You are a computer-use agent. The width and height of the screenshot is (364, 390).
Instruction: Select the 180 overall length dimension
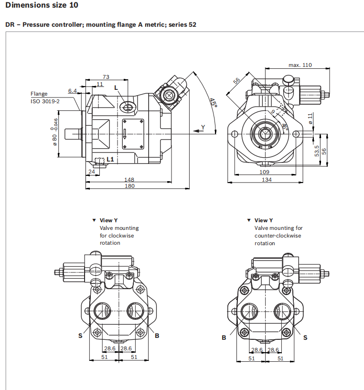pyautogui.click(x=129, y=186)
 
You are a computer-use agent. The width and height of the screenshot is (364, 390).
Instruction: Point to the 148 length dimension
pyautogui.click(x=129, y=180)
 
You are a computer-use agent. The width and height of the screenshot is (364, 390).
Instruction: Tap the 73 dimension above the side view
pyautogui.click(x=106, y=76)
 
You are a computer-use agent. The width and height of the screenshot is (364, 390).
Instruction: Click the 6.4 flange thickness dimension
pyautogui.click(x=72, y=90)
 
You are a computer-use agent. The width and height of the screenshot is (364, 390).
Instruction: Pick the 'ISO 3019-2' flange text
pyautogui.click(x=45, y=101)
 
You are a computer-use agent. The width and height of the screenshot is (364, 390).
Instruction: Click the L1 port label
pyautogui.click(x=110, y=159)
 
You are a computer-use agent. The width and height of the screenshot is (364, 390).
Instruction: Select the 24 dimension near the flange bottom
pyautogui.click(x=91, y=171)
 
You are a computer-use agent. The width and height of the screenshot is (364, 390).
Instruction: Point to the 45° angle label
pyautogui.click(x=213, y=103)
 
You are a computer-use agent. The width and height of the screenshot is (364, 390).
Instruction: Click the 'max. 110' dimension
pyautogui.click(x=300, y=65)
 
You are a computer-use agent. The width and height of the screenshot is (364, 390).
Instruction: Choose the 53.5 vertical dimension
pyautogui.click(x=316, y=151)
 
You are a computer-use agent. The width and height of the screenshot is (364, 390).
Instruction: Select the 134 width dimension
pyautogui.click(x=267, y=180)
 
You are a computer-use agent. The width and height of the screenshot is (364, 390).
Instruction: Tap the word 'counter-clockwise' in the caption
pyautogui.click(x=278, y=236)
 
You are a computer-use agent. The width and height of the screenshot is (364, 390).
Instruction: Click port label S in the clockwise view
pyautogui.click(x=80, y=336)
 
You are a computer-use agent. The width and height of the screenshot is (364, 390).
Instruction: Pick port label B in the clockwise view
pyautogui.click(x=157, y=336)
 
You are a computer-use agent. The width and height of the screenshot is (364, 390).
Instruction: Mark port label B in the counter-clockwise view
pyautogui.click(x=224, y=337)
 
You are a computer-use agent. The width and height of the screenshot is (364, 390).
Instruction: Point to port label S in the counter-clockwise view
pyautogui.click(x=306, y=337)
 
